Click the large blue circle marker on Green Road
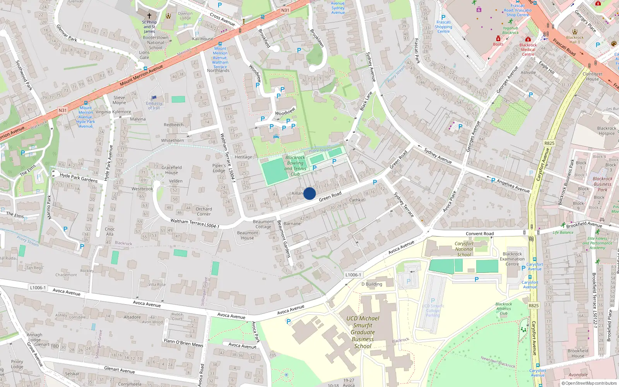pos(309,193)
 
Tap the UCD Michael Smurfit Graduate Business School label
pos(363,332)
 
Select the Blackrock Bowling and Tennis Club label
pos(295,166)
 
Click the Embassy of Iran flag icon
pos(154,98)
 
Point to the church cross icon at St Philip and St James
pos(149,16)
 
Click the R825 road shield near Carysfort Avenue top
pos(549,143)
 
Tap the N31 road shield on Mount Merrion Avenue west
pos(63,110)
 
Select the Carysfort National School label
pos(464,249)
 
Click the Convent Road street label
pos(480,234)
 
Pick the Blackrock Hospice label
pos(607,131)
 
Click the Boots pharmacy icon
pos(498,39)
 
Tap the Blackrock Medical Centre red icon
pos(528,39)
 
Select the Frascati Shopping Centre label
pos(443,27)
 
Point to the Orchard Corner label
pos(203,211)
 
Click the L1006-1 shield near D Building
pos(352,275)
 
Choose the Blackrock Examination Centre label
pos(512,259)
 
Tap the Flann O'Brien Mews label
pos(183,342)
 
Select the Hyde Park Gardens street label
pos(79,178)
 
